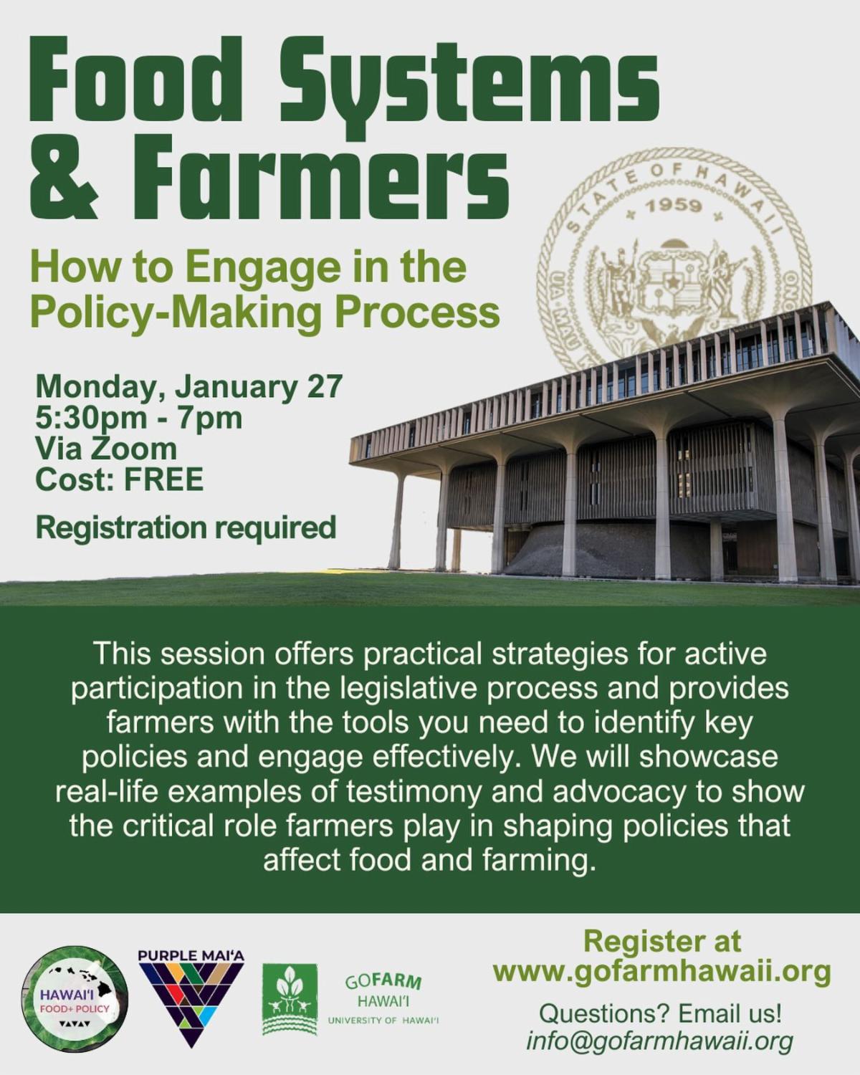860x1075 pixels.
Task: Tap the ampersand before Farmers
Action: (64, 183)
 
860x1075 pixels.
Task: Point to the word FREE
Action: (164, 480)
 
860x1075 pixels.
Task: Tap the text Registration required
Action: (186, 527)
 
